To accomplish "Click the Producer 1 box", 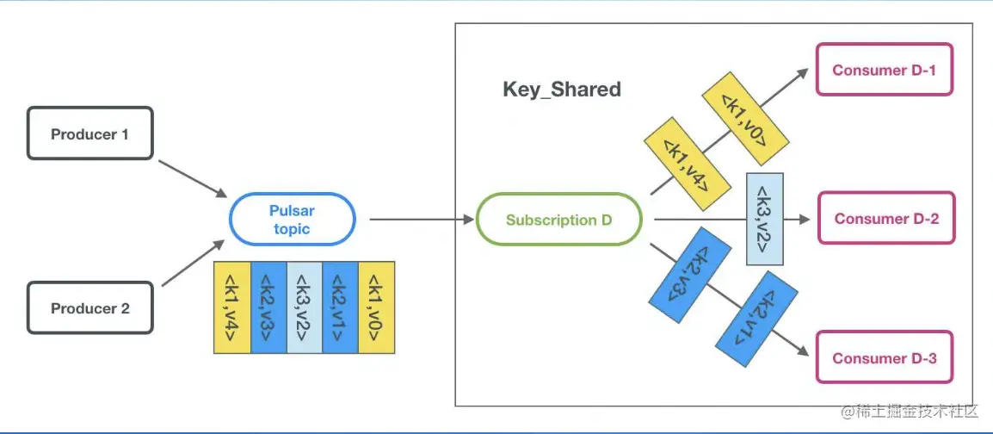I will pyautogui.click(x=89, y=133).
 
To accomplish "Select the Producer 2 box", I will pyautogui.click(x=89, y=308).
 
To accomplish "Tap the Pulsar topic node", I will pyautogui.click(x=292, y=220).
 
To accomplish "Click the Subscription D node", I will pyautogui.click(x=558, y=220).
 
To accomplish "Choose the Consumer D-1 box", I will pyautogui.click(x=885, y=70).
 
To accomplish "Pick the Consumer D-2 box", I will pyautogui.click(x=885, y=219).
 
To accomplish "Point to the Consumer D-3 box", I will pyautogui.click(x=884, y=358).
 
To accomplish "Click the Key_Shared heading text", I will pyautogui.click(x=561, y=90).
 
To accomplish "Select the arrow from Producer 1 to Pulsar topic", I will pyautogui.click(x=191, y=177).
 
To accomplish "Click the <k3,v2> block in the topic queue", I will pyautogui.click(x=305, y=307).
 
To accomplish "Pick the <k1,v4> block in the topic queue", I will pyautogui.click(x=232, y=307).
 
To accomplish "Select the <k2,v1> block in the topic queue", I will pyautogui.click(x=340, y=307).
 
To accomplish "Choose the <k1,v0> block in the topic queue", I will pyautogui.click(x=376, y=307).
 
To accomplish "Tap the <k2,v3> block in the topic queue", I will pyautogui.click(x=268, y=307).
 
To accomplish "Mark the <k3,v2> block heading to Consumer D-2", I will pyautogui.click(x=765, y=219).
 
